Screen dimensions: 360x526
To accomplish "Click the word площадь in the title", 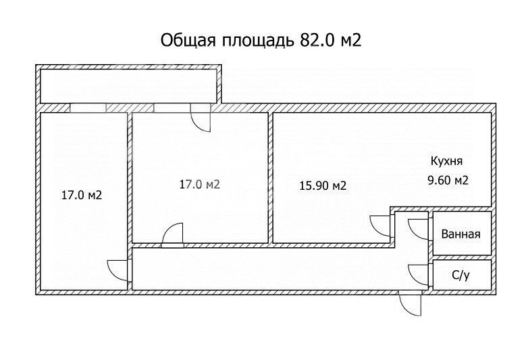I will [255, 39].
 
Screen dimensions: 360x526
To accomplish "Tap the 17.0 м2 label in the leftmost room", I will [81, 196].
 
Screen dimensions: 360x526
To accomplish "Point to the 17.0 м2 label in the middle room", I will [200, 184].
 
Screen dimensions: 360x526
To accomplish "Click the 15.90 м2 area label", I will [323, 186].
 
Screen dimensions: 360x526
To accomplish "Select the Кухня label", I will [447, 161].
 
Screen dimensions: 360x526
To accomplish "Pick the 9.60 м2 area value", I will [448, 180].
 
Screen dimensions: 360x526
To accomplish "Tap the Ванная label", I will [461, 234].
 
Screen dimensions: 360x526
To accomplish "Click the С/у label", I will [461, 276].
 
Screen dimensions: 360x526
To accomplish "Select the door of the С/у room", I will [419, 273].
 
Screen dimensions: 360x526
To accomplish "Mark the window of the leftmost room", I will [88, 108].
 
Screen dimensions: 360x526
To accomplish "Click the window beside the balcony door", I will [172, 108].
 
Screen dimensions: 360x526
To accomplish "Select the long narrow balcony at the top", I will [128, 85].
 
